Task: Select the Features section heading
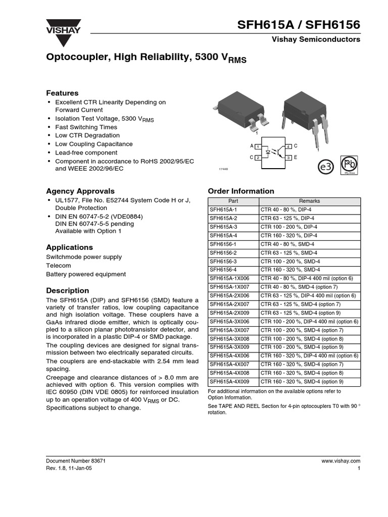[62, 93]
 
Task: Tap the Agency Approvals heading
[80, 191]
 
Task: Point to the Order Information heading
[241, 191]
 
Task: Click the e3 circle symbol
[325, 167]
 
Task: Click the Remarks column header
[310, 201]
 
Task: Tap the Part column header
[233, 201]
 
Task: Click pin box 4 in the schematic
[288, 146]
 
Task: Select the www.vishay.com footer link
[341, 461]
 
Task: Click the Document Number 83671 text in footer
[75, 461]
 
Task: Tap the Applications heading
[69, 247]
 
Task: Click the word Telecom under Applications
[59, 266]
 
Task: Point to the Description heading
[67, 291]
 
